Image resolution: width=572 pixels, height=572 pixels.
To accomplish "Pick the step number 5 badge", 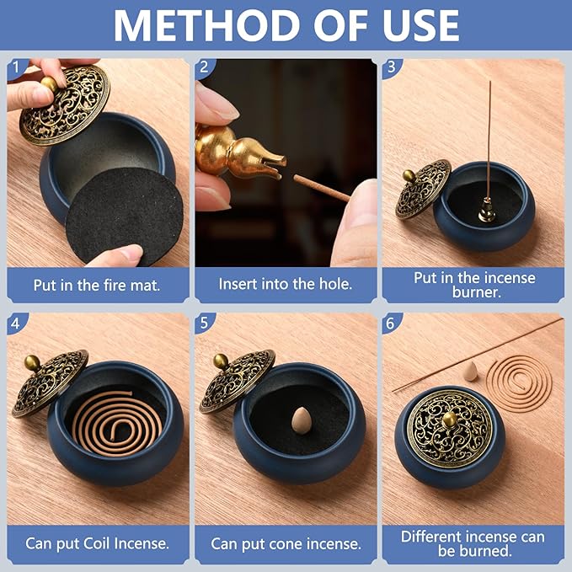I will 203,323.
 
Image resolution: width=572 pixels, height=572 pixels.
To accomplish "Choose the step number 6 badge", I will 390,323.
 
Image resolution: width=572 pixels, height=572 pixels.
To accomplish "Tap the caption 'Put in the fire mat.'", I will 97,284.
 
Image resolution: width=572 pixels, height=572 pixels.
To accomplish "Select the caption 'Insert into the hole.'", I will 286,284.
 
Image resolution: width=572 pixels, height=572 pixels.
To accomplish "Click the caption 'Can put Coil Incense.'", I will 97,543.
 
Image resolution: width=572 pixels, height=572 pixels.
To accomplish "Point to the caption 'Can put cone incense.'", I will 286,543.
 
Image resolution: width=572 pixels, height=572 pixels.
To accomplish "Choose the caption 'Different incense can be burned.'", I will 473,543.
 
